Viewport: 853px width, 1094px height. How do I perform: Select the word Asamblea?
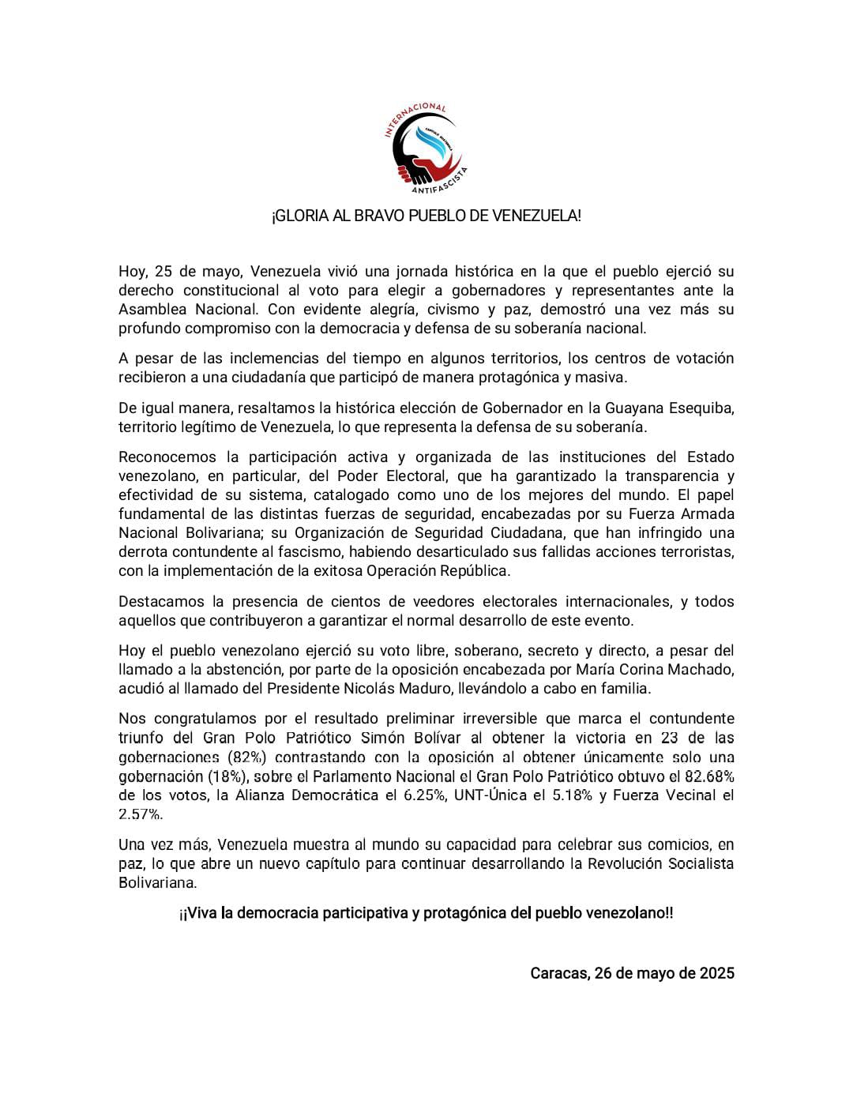point(152,309)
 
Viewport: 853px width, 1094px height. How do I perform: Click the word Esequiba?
point(697,408)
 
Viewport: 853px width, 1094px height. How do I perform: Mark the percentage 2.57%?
point(140,814)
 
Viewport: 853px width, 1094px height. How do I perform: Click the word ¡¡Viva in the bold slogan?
point(198,913)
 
